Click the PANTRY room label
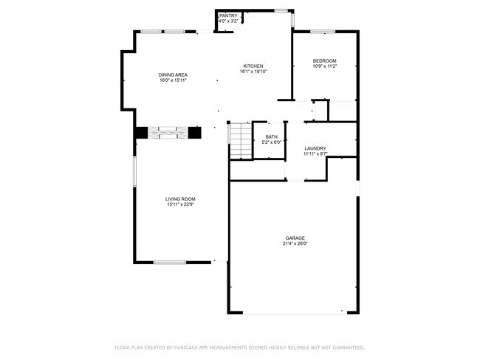228,15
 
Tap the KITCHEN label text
253,66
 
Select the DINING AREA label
173,75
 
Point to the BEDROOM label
325,60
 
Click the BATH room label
271,137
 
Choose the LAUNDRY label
315,148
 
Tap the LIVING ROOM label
180,198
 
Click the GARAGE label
295,238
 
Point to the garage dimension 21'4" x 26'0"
295,243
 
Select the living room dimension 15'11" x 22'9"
180,204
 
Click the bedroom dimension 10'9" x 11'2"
325,66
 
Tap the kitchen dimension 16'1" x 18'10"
253,72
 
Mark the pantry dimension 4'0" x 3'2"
229,21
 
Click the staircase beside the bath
239,140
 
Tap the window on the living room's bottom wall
169,262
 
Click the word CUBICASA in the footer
188,347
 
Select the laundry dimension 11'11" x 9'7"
315,154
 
